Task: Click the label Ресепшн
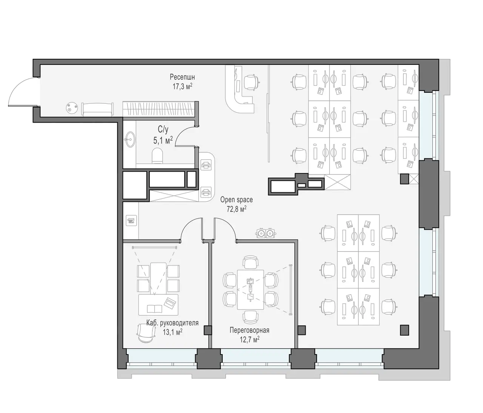[182, 77]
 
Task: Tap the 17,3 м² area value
[183, 86]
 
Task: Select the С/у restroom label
[163, 130]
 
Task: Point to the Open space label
[237, 200]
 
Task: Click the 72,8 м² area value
[237, 209]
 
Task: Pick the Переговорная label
[249, 330]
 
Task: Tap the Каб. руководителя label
[172, 323]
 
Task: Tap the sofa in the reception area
[98, 109]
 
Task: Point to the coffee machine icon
[131, 220]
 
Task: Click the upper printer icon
[206, 165]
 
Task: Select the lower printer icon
[206, 192]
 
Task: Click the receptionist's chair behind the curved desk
[252, 82]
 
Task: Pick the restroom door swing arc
[181, 134]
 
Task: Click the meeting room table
[251, 290]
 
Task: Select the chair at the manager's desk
[146, 333]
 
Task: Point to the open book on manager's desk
[154, 309]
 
